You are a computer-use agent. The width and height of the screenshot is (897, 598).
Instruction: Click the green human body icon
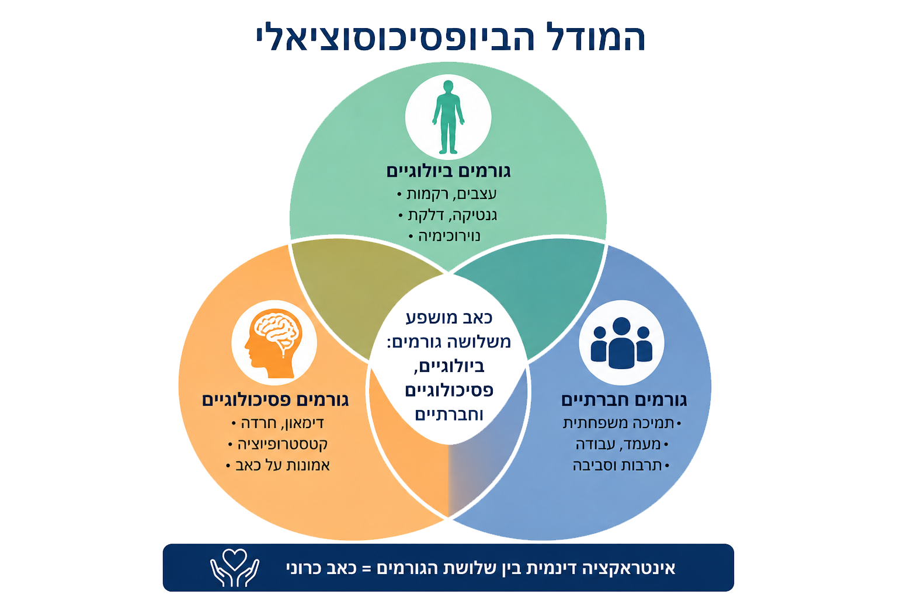coord(448,117)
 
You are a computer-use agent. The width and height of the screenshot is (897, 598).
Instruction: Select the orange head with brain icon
coord(273,343)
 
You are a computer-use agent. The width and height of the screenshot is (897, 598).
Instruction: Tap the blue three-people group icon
coord(621,343)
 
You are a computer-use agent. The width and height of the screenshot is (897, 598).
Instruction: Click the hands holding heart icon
coord(235,568)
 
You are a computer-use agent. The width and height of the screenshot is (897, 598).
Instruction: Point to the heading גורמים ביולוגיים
coord(448,172)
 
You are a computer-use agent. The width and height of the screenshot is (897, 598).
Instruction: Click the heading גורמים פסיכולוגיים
coord(275,400)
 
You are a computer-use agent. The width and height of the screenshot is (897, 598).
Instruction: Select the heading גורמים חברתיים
coord(624,400)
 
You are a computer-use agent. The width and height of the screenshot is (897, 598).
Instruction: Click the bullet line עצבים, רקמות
coord(447,194)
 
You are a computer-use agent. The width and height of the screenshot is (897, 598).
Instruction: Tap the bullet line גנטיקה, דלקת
coord(448,215)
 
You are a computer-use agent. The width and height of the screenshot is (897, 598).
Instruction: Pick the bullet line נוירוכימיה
coord(444,237)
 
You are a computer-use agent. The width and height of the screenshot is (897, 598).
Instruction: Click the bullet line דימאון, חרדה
coord(277,423)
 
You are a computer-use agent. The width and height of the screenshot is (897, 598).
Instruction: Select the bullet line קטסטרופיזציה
coord(277,444)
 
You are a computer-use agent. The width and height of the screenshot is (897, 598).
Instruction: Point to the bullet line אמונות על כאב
coord(277,465)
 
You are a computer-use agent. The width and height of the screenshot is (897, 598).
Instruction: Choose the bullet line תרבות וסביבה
coord(621,465)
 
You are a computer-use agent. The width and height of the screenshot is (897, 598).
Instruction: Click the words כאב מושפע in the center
coord(449,318)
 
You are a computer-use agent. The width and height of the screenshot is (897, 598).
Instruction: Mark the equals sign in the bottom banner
coord(366,569)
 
